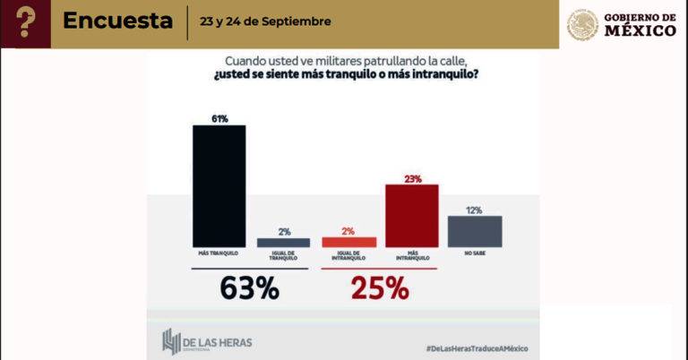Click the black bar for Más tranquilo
[x=219, y=185]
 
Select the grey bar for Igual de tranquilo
[x=283, y=243]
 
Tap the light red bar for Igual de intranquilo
[x=348, y=242]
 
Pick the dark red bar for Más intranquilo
[x=411, y=215]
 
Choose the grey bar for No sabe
[x=474, y=231]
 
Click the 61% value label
[x=219, y=118]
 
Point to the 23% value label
[x=412, y=178]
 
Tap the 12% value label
[x=474, y=210]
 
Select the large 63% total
[x=249, y=289]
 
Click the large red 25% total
[x=379, y=289]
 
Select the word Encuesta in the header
[x=118, y=21]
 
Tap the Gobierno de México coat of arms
[x=582, y=24]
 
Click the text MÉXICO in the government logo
[x=641, y=30]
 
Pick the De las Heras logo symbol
[x=172, y=341]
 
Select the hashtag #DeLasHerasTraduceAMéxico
[x=476, y=347]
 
